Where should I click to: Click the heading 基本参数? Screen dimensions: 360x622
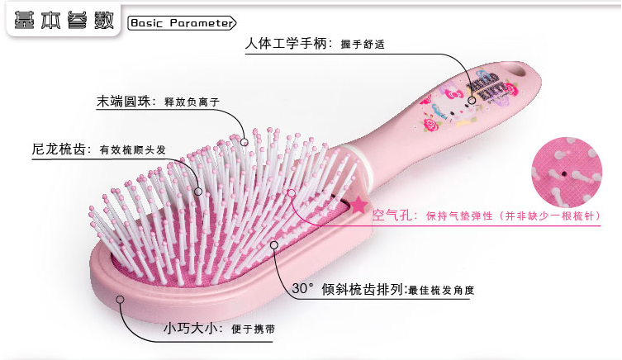tap(60, 21)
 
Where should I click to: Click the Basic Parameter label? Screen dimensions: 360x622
tap(182, 23)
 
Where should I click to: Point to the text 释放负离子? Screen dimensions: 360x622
tap(192, 102)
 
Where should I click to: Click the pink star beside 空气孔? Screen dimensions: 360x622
tap(359, 206)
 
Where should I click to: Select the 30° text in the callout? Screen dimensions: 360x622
tap(304, 289)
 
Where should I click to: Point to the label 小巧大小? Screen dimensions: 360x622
tap(190, 329)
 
